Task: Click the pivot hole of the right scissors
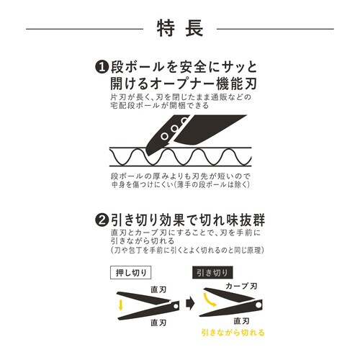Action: [x=234, y=303]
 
